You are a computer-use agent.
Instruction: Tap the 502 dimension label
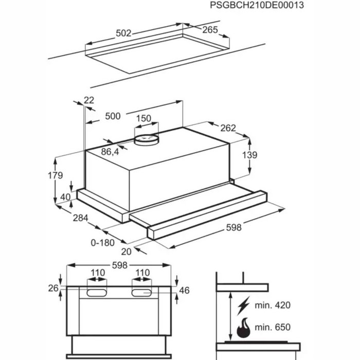point(123,33)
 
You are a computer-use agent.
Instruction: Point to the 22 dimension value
point(89,101)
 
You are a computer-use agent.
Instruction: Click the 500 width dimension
point(112,116)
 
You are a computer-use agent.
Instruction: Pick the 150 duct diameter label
point(143,119)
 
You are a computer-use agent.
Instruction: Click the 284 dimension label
point(79,218)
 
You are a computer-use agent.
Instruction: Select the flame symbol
point(243,328)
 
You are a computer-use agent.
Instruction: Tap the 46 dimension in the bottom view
point(184,291)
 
